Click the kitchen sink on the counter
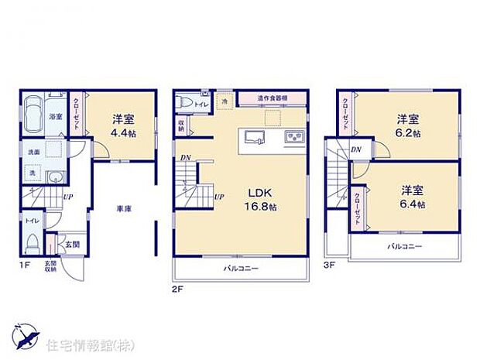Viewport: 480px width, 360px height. click(255, 137)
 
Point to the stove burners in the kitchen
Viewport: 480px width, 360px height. click(295, 137)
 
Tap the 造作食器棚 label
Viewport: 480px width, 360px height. click(272, 98)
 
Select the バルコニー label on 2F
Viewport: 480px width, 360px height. click(242, 268)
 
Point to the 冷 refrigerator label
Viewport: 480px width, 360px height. click(225, 101)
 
